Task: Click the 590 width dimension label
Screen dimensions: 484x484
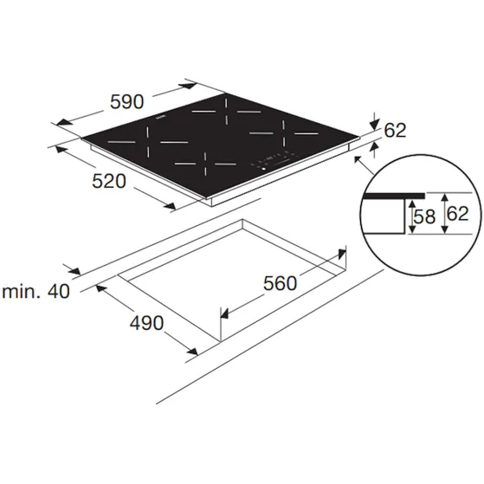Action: point(127,102)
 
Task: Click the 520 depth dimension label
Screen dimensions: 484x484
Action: point(109,181)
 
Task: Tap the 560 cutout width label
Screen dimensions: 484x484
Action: point(280,283)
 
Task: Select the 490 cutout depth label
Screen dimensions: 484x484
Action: point(146,323)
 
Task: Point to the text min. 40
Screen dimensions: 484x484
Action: point(36,291)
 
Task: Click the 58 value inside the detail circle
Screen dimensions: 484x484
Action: point(424,216)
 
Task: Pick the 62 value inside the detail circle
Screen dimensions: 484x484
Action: point(457,213)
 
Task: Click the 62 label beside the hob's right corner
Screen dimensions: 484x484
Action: point(395,130)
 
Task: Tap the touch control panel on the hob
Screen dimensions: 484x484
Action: point(273,160)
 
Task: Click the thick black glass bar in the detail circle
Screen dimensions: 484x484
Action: point(394,196)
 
